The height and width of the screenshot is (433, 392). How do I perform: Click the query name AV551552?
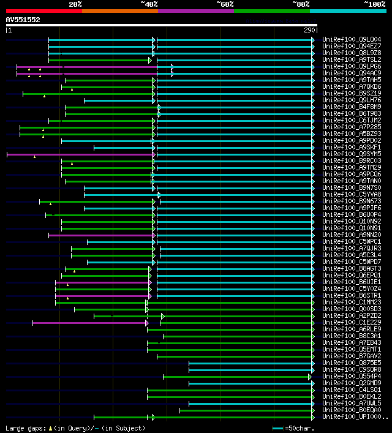click(23, 20)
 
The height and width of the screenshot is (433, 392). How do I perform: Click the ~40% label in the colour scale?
click(149, 4)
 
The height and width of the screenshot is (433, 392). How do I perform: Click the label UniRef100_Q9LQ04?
click(351, 40)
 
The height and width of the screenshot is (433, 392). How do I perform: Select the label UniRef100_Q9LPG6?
click(351, 67)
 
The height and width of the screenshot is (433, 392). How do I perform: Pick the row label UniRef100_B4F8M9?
click(351, 107)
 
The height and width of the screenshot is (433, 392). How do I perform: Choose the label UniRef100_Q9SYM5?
click(351, 154)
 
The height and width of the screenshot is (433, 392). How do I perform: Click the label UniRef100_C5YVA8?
click(351, 195)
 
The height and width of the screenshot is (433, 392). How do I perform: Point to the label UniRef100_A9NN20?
click(351, 235)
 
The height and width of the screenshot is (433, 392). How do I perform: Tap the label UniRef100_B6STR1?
click(351, 296)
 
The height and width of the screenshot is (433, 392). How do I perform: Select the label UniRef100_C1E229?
click(351, 322)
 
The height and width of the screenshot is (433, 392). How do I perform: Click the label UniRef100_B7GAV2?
click(351, 356)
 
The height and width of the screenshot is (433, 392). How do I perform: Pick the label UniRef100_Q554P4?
click(351, 376)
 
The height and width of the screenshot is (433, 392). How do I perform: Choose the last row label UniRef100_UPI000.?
click(355, 416)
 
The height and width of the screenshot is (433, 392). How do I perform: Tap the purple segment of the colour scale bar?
click(195, 10)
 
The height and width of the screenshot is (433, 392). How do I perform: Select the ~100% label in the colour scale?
click(375, 4)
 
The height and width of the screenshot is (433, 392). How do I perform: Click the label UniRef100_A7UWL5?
click(351, 403)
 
